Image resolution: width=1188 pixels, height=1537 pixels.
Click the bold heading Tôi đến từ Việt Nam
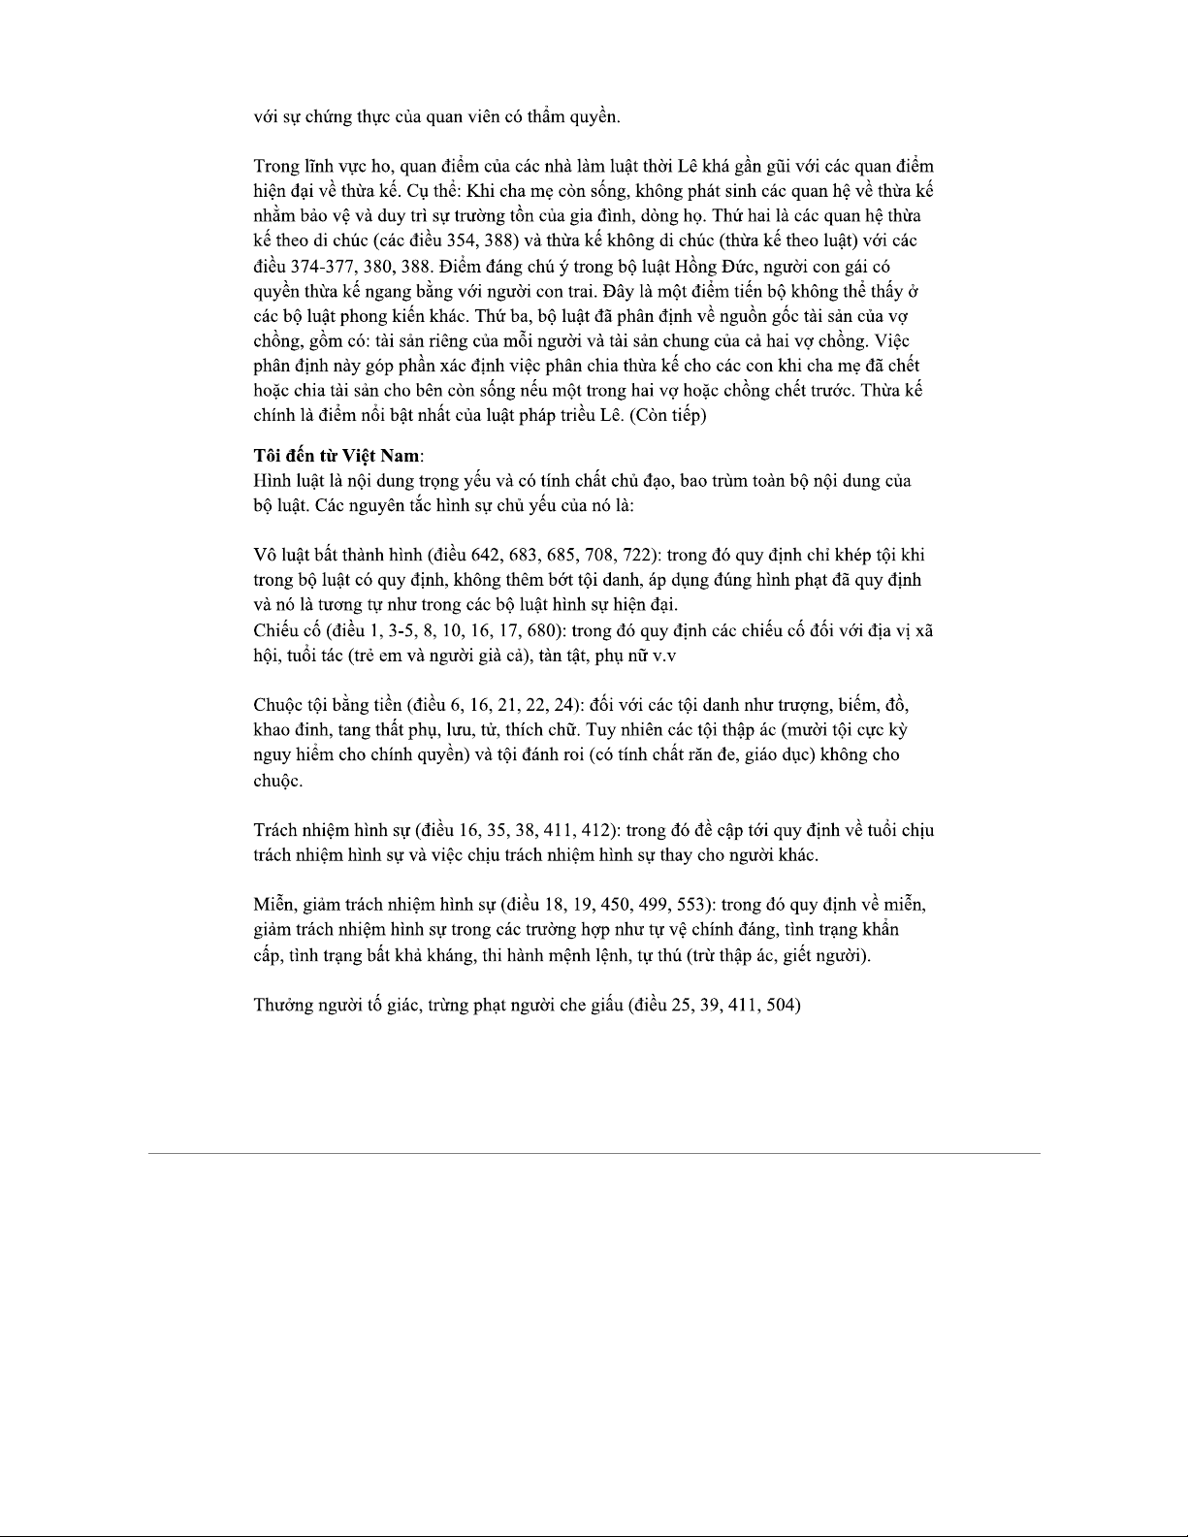(x=337, y=456)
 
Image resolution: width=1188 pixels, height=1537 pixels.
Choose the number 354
(x=464, y=240)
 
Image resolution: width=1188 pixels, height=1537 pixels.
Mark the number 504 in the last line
(x=780, y=1005)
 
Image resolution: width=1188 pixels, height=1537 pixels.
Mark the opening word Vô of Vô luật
(x=265, y=556)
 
